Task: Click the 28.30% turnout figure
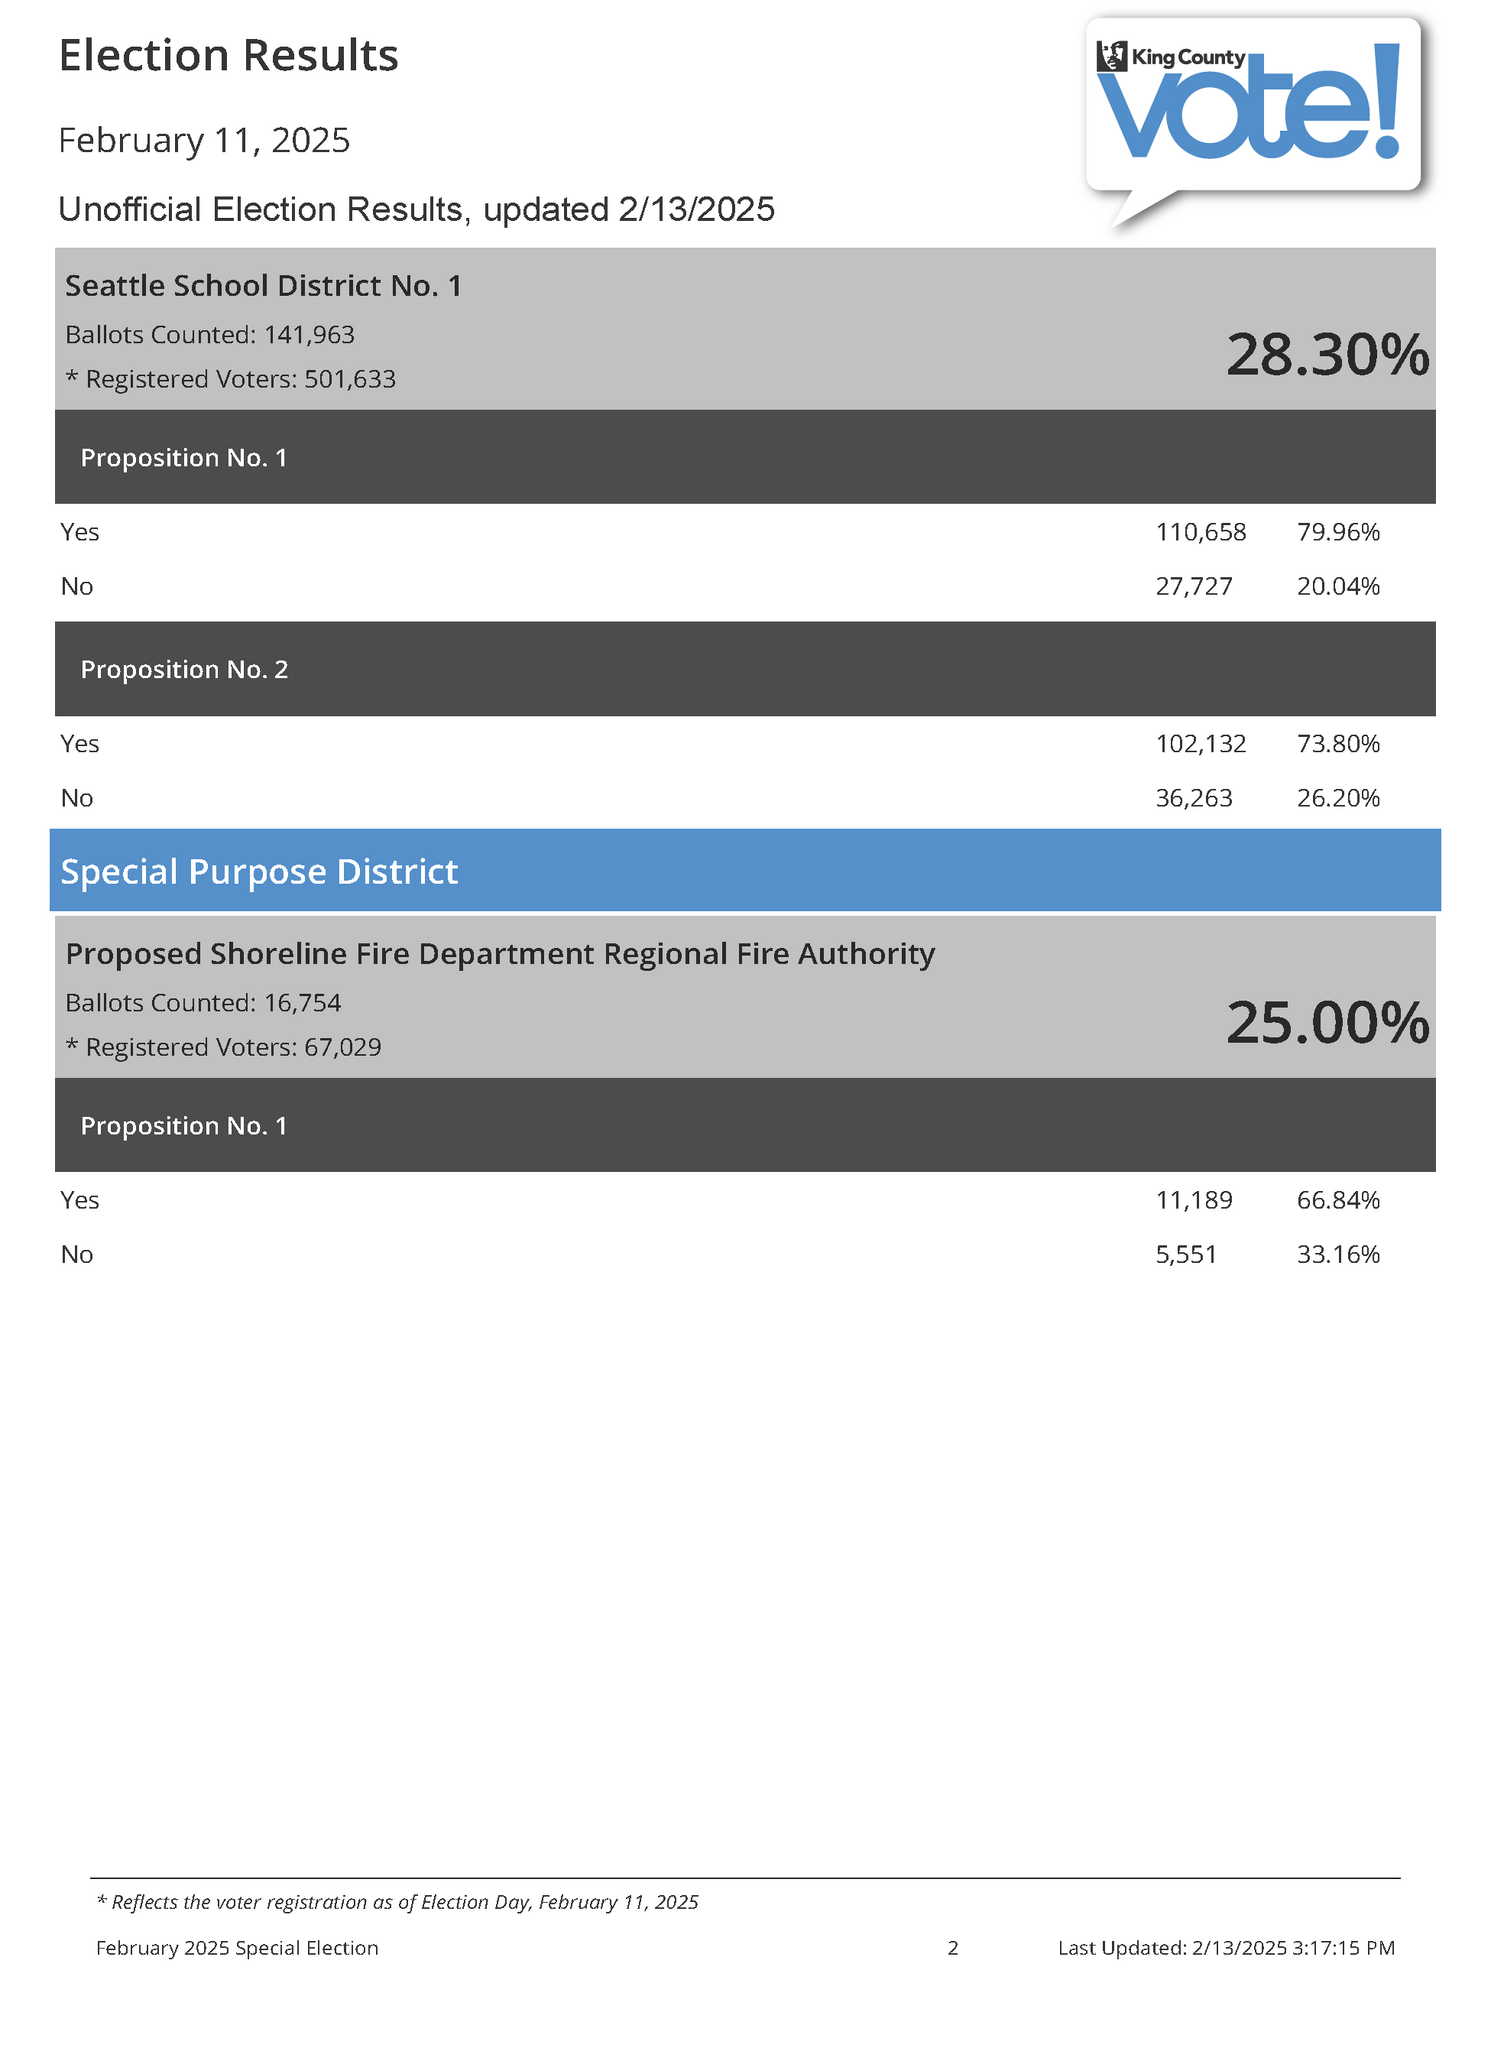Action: [1327, 355]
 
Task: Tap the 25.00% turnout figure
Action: [1327, 1023]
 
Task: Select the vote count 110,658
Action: [1201, 532]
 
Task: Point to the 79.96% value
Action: [1338, 532]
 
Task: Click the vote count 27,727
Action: [1194, 586]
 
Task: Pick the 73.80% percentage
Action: [1338, 744]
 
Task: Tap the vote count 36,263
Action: [1194, 798]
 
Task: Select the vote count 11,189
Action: [1194, 1200]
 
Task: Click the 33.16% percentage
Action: [1338, 1254]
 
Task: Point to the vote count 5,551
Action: [1186, 1254]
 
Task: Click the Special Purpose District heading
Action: [259, 871]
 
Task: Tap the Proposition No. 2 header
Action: [184, 669]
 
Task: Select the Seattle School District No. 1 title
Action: [263, 286]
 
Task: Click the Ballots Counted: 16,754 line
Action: [203, 1002]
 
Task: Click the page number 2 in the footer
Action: [953, 1947]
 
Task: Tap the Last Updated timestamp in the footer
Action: [1226, 1947]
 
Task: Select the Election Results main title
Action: [229, 56]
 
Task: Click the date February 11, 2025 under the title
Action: [204, 140]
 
